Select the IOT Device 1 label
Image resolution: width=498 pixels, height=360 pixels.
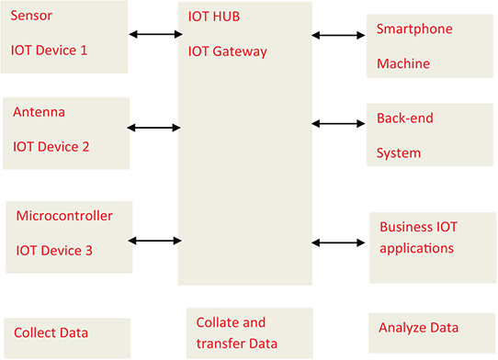48,50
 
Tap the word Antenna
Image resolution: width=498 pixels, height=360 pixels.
39,112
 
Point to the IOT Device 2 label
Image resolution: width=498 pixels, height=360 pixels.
51,146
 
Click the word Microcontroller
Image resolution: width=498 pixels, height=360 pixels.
64,216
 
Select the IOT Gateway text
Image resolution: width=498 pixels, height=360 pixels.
227,51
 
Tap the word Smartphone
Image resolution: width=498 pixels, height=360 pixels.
414,28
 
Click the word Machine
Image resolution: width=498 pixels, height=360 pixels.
402,64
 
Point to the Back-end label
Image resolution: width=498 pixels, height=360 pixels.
404,118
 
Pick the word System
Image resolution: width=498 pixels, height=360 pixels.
399,153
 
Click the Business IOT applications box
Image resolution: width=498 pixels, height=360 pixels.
432,247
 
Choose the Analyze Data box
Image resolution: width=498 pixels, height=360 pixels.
432,329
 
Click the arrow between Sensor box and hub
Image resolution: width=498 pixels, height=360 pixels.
156,35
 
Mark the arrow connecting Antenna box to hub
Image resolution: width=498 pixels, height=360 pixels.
155,128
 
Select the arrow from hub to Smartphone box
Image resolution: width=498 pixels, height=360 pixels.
338,36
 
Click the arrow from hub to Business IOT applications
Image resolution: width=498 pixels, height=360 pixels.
339,242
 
